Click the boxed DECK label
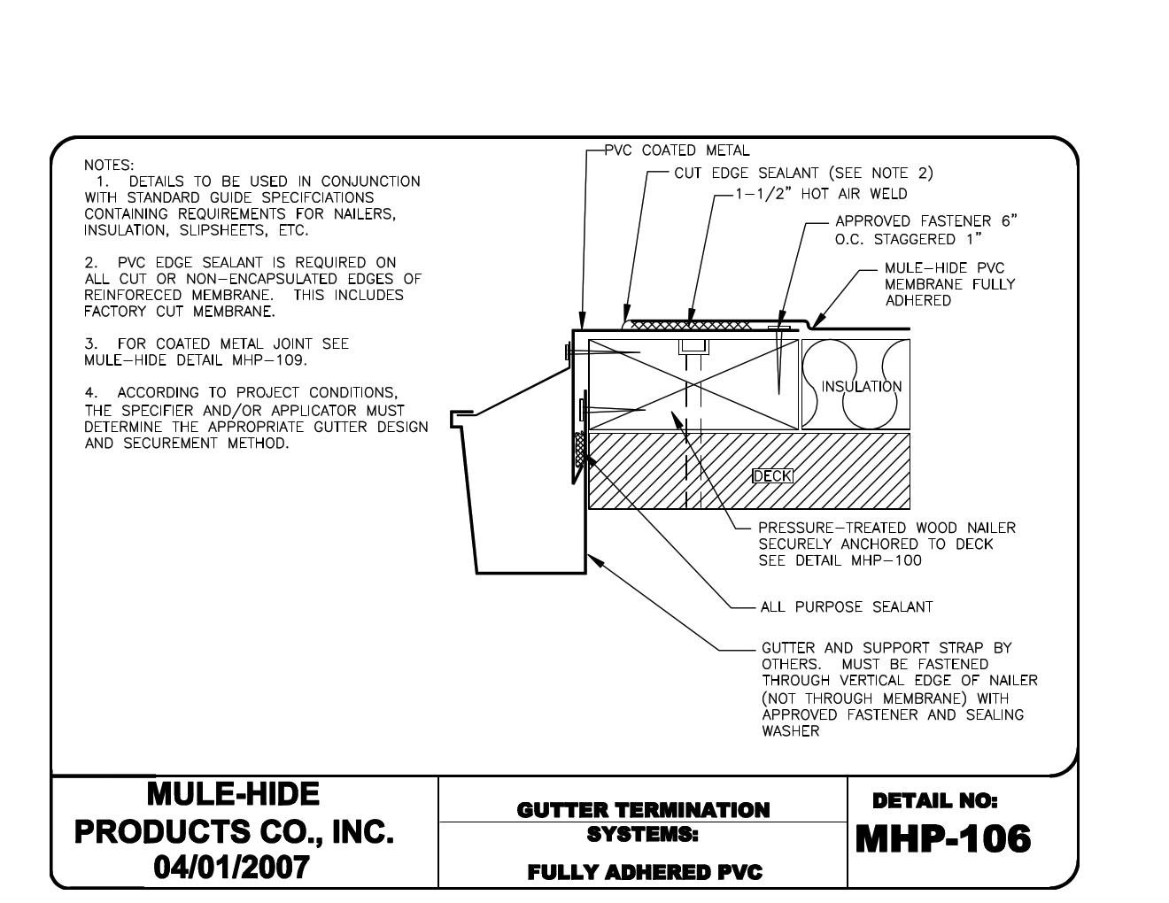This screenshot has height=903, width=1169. click(x=772, y=476)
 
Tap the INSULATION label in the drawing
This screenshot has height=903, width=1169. click(x=861, y=386)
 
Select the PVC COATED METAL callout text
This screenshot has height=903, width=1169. click(x=677, y=150)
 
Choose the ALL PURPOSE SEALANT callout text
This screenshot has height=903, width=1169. click(x=846, y=607)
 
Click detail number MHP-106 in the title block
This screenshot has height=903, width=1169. click(x=942, y=839)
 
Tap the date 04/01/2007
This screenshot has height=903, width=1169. click(x=233, y=867)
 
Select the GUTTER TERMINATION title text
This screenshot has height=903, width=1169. click(x=643, y=810)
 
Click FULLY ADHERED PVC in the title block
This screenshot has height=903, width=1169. click(x=644, y=873)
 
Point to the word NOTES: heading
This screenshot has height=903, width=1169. click(x=109, y=165)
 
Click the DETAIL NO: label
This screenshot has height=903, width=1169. click(x=934, y=801)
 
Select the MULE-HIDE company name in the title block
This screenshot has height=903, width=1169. click(x=233, y=794)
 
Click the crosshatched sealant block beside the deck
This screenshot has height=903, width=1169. click(x=581, y=450)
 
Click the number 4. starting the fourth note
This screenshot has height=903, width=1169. click(x=90, y=392)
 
